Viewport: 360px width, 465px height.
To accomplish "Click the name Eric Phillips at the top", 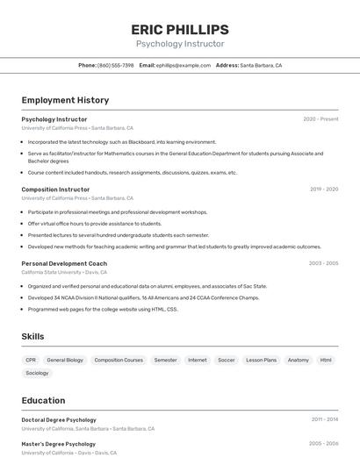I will [180, 29].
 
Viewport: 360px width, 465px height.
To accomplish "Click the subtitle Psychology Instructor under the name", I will [180, 44].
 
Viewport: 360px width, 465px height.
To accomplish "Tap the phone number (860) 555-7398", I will [116, 65].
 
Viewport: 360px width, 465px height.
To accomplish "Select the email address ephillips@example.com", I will [184, 65].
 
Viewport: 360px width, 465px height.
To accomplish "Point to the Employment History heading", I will [65, 100].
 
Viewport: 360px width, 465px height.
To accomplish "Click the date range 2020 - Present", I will [320, 119].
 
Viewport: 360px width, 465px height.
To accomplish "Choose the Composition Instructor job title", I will [55, 190].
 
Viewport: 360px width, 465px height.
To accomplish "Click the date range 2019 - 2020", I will [324, 190].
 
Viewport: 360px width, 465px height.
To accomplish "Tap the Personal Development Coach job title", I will [64, 263].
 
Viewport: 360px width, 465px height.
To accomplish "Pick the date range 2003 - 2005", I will [323, 263].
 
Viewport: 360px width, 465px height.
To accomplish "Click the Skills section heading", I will [33, 336].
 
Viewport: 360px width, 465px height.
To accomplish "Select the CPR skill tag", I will [31, 360].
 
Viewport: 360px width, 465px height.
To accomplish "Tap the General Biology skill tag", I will [65, 360].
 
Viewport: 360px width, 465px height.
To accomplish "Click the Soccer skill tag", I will [227, 360].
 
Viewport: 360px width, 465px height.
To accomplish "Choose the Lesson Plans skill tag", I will [261, 360].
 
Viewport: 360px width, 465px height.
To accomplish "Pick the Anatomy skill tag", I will [299, 360].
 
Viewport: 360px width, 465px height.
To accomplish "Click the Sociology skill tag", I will [37, 373].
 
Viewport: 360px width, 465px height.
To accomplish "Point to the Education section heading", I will [43, 400].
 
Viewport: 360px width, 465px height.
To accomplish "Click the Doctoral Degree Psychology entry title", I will [59, 420].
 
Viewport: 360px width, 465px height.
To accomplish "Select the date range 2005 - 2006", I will [323, 444].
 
